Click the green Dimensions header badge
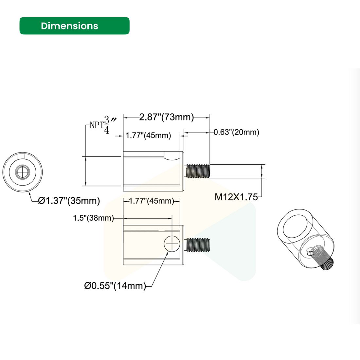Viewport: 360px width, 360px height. tap(74, 26)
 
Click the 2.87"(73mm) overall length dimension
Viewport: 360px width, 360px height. tap(166, 117)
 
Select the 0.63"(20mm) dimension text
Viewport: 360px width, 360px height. tap(236, 132)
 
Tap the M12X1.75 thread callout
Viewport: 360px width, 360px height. tap(236, 197)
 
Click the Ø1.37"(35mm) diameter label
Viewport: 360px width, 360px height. tap(69, 200)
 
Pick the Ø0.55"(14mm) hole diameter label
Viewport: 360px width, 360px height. tap(115, 286)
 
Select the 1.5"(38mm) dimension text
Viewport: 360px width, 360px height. tap(93, 218)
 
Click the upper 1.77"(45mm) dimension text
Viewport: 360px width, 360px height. tap(148, 135)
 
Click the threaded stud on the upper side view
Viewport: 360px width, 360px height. tap(197, 171)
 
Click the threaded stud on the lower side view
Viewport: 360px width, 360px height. tap(198, 244)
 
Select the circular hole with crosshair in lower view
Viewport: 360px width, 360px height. tap(172, 244)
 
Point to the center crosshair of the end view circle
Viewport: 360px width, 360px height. tap(23, 171)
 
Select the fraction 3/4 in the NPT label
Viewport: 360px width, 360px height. tap(107, 125)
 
